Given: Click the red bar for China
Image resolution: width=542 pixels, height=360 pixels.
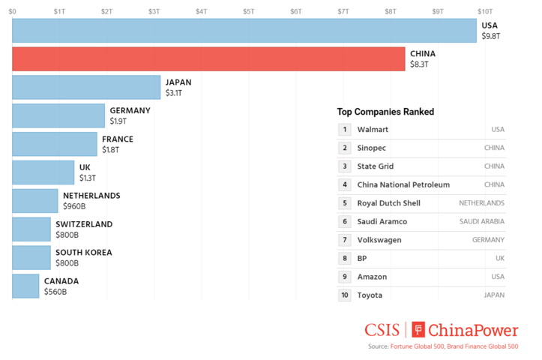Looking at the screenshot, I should point(208,59).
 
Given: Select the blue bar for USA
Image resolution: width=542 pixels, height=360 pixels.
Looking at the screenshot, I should point(244,31).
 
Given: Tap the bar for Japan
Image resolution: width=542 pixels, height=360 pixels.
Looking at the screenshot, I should point(86,88).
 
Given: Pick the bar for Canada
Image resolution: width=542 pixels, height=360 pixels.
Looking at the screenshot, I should point(25,286).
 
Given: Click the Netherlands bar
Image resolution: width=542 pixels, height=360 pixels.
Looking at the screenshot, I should point(34,200).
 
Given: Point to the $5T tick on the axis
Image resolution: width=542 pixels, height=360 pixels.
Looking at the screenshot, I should point(248,11).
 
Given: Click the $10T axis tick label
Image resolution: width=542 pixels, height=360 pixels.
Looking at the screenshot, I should point(484,11).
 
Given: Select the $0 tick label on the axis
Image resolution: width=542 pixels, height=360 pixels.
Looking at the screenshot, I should point(13,11).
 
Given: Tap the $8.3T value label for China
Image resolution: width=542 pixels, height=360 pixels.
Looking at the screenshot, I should point(419,65).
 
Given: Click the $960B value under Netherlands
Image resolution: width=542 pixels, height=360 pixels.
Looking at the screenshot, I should point(75,206).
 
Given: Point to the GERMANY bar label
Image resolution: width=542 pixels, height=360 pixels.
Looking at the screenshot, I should point(130,110).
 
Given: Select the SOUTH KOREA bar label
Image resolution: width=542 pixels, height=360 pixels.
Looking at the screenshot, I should point(83,253).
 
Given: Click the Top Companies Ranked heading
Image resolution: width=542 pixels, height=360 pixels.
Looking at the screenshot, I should point(385,112).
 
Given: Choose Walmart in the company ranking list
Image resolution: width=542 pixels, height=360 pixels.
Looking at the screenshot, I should point(373,130).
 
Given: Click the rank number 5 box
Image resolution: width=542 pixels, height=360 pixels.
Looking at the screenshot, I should point(345,203).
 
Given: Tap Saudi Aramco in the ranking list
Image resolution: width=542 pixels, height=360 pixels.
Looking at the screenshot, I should point(382,222).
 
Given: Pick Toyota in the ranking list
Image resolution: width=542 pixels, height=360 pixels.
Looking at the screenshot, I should point(370,295).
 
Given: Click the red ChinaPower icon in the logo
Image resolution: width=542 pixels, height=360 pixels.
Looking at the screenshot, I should point(418,330).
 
